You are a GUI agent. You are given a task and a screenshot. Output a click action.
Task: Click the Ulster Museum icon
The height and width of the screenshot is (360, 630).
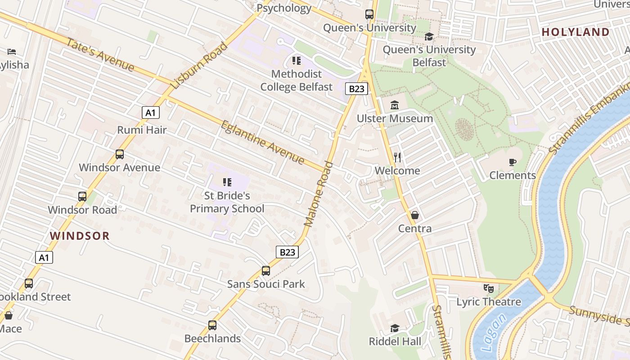click(395, 105)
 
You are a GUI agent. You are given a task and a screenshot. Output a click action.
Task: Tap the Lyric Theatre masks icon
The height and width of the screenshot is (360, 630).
click(488, 288)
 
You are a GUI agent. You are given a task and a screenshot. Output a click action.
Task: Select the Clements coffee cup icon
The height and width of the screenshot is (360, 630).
click(512, 162)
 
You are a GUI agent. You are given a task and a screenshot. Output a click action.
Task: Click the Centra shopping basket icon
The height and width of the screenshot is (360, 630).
click(414, 215)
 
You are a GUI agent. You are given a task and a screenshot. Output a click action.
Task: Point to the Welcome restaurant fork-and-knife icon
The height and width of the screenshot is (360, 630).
click(397, 157)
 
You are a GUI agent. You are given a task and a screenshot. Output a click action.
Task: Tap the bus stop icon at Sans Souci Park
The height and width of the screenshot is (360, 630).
click(266, 271)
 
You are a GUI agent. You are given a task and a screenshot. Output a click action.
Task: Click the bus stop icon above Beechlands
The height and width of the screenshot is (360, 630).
click(212, 325)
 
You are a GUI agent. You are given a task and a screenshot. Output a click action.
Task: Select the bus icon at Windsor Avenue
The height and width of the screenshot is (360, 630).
click(119, 154)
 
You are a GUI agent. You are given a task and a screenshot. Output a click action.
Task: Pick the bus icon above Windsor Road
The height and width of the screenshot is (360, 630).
click(82, 197)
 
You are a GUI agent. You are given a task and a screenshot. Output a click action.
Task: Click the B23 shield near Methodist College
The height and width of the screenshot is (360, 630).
click(356, 89)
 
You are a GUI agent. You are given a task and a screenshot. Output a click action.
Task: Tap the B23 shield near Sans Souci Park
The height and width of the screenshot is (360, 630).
click(287, 252)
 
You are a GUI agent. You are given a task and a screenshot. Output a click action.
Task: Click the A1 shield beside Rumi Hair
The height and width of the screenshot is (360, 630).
click(150, 112)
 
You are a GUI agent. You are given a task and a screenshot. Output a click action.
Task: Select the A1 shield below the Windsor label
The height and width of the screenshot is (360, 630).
click(44, 257)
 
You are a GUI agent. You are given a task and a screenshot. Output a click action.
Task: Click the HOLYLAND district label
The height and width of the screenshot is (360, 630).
click(576, 32)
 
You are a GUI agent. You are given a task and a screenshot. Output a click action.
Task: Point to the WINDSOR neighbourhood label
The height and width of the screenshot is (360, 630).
click(80, 236)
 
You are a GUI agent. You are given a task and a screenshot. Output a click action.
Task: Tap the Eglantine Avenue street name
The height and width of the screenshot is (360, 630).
click(262, 143)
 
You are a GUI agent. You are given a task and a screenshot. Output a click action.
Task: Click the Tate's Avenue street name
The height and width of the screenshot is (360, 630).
click(100, 55)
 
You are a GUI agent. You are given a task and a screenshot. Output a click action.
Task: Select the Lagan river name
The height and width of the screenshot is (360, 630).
click(493, 333)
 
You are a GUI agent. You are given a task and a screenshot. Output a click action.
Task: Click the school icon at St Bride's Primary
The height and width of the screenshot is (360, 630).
click(227, 182)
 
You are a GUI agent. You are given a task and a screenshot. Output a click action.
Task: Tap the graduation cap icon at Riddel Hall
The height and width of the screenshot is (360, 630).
click(395, 328)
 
